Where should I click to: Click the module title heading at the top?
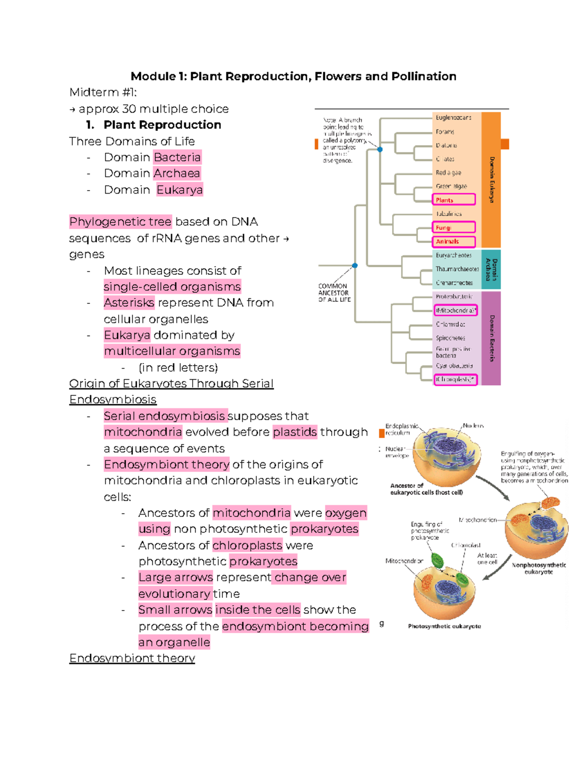[x=293, y=76]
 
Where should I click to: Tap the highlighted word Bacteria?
[x=177, y=157]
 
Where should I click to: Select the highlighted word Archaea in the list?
[x=176, y=173]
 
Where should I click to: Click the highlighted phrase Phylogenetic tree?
[x=120, y=222]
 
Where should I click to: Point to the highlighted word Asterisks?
[x=129, y=303]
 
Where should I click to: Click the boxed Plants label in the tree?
[x=454, y=200]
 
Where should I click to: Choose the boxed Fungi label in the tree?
[x=454, y=227]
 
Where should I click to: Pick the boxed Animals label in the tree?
[x=454, y=242]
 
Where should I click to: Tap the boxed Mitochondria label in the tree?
[x=455, y=311]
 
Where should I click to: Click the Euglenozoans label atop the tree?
[x=453, y=118]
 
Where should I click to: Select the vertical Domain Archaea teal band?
[x=491, y=270]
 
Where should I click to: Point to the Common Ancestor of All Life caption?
[x=334, y=293]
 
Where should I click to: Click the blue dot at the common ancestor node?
[x=355, y=266]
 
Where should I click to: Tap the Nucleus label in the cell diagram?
[x=473, y=426]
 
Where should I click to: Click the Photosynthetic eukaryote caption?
[x=444, y=626]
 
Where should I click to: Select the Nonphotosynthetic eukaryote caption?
[x=539, y=568]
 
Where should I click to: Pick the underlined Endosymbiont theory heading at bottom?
[x=132, y=658]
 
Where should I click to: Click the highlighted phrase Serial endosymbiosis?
[x=165, y=416]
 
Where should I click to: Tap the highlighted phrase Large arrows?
[x=175, y=577]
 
